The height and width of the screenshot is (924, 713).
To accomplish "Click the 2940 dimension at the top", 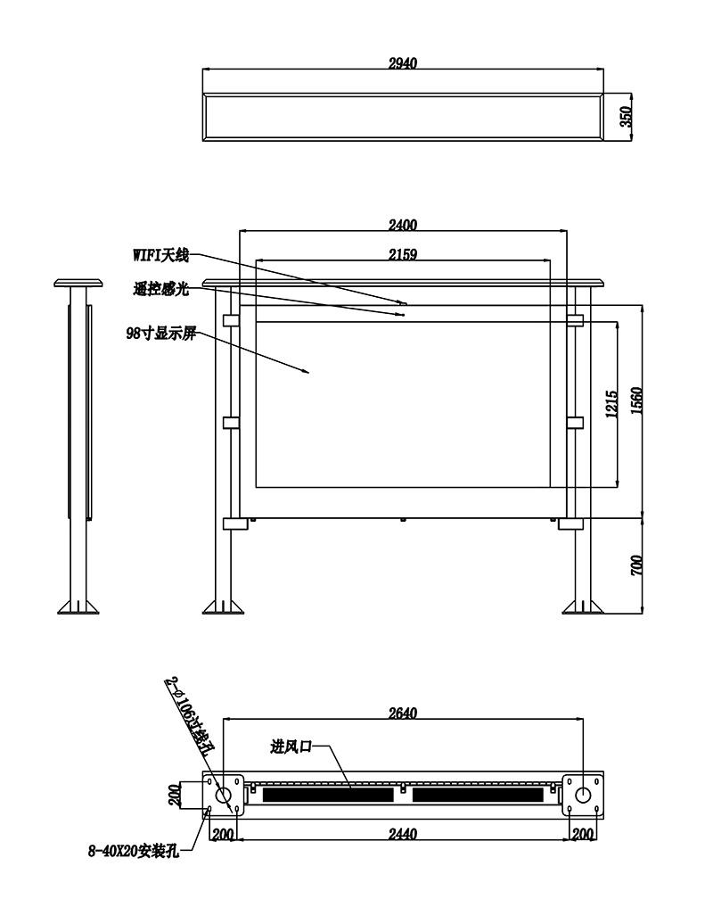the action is (x=403, y=63).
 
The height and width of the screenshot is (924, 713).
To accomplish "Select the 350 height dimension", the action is (x=626, y=117).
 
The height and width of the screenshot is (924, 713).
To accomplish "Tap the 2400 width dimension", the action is (x=403, y=225).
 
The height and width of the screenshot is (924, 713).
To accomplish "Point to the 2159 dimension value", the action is (x=403, y=254).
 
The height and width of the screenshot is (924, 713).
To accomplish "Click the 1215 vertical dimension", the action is (x=611, y=404).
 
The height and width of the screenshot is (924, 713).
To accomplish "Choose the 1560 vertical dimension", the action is (x=636, y=400).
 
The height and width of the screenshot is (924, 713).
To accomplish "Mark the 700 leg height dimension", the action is (x=636, y=565).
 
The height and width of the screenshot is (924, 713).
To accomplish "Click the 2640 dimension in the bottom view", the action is (x=403, y=714).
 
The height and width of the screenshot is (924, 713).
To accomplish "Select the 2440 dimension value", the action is (x=403, y=834).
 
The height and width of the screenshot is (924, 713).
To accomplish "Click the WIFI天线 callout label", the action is (x=160, y=256).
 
